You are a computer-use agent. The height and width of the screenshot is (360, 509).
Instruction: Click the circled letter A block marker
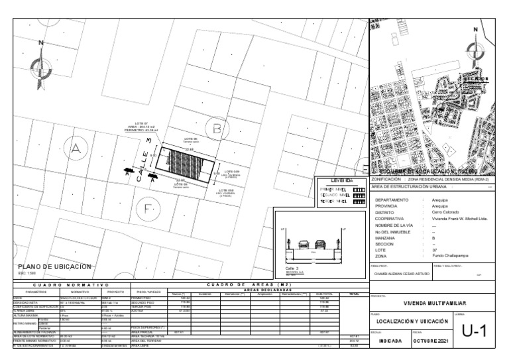[x=76, y=149]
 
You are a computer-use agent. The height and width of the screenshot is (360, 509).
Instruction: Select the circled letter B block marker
[x=219, y=127]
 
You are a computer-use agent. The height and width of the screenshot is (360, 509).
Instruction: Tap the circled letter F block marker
[x=148, y=210]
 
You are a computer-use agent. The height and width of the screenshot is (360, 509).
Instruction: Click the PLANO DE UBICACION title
[x=54, y=267]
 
